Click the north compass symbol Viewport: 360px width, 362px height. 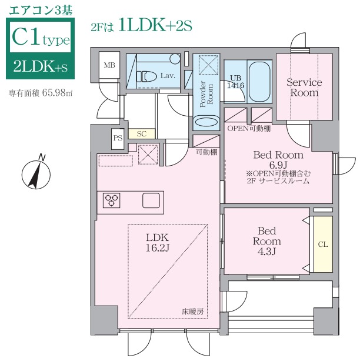tap(35, 173)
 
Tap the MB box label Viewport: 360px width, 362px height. tap(109, 65)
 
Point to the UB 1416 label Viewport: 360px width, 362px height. tap(236, 82)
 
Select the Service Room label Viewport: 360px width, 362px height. tap(304, 88)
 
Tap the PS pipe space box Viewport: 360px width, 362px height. tap(118, 138)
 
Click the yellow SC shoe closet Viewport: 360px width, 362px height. tap(141, 133)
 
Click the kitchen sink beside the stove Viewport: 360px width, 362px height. tap(151, 200)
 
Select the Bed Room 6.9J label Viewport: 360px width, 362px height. tap(278, 159)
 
